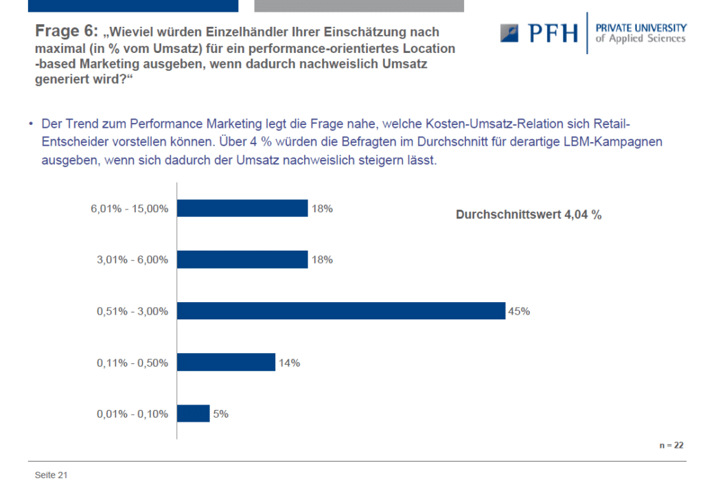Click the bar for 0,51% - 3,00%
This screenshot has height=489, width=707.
coord(341,311)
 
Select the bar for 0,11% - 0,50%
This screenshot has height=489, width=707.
coord(226,362)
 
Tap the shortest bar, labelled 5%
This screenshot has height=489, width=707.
coord(193,413)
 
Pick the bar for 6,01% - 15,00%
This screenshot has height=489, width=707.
coord(242,208)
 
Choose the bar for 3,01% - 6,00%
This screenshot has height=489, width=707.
coord(242,260)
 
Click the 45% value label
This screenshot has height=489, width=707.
coord(519,311)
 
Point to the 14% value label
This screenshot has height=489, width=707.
coord(289,363)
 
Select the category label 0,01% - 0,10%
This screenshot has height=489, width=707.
coord(132,414)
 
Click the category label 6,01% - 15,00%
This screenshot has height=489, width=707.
coord(130,209)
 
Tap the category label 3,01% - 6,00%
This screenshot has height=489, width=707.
coord(132,260)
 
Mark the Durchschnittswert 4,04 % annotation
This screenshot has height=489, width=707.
coord(529,214)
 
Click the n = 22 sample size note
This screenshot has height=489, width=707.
coord(671,445)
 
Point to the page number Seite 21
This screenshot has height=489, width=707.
coord(51,475)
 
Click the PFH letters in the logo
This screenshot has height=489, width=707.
coord(553,34)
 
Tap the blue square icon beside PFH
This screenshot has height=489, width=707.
coord(509,33)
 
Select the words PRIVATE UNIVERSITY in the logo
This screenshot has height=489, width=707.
coord(641,28)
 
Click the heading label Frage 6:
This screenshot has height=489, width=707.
coord(67,31)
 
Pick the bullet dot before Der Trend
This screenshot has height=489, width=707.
coord(31,123)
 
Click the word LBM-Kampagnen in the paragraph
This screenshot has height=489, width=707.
coord(613,141)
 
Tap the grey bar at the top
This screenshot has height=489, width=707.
coord(359,6)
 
